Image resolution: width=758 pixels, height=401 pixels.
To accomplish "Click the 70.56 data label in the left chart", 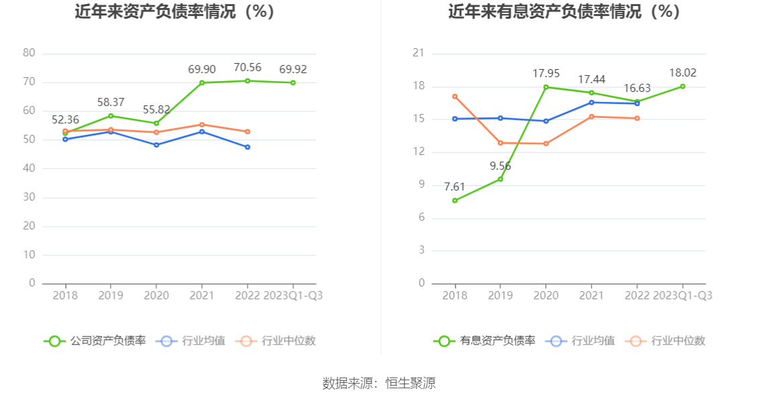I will coord(248,67).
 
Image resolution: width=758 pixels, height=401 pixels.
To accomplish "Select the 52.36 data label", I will coord(65,120).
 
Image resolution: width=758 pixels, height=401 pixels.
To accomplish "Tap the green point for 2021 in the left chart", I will coord(202,82).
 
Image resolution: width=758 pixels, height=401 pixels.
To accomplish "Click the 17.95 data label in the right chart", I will coord(546,73).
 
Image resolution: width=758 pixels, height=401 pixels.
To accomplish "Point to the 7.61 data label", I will coord(455,186).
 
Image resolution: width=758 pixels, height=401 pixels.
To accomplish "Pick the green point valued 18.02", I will coord(683,86).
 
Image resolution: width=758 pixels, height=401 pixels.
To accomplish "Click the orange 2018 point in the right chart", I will coord(455,97).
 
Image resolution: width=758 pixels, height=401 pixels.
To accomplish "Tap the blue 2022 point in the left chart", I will coord(248,147).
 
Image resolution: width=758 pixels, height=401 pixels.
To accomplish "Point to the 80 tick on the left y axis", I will coord(29,53).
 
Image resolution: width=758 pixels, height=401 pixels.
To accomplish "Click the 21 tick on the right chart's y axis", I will coord(419,53).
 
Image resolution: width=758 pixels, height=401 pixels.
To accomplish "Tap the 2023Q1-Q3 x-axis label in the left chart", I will coord(293,296).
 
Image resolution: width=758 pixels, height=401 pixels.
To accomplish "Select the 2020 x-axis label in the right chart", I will coord(546,296).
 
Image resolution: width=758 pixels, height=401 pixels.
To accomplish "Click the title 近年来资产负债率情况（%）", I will coord(175,11).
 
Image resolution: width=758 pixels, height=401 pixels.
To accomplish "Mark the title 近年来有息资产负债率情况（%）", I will coord(565,11).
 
